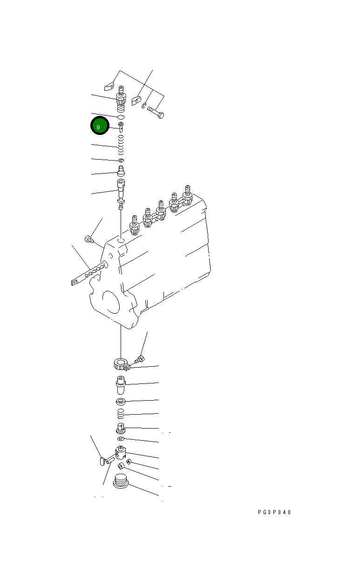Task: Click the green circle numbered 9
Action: (x=99, y=126)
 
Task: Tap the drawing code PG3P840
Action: (x=274, y=512)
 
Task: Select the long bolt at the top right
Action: (x=156, y=111)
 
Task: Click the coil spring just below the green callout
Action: (x=120, y=145)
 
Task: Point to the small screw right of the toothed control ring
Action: (x=139, y=359)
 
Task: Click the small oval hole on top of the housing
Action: (x=121, y=241)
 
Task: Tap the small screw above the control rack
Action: (x=88, y=240)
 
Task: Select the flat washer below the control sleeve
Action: (x=121, y=401)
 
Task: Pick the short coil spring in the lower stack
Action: (x=121, y=414)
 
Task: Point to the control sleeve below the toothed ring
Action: (x=121, y=385)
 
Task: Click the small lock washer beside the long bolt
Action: (x=144, y=106)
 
